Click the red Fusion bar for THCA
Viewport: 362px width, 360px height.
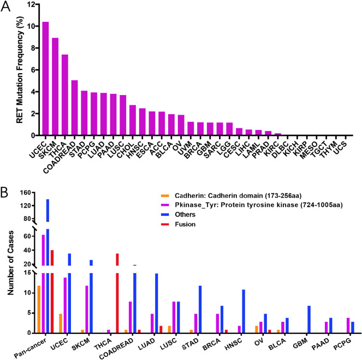coord(117,293)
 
